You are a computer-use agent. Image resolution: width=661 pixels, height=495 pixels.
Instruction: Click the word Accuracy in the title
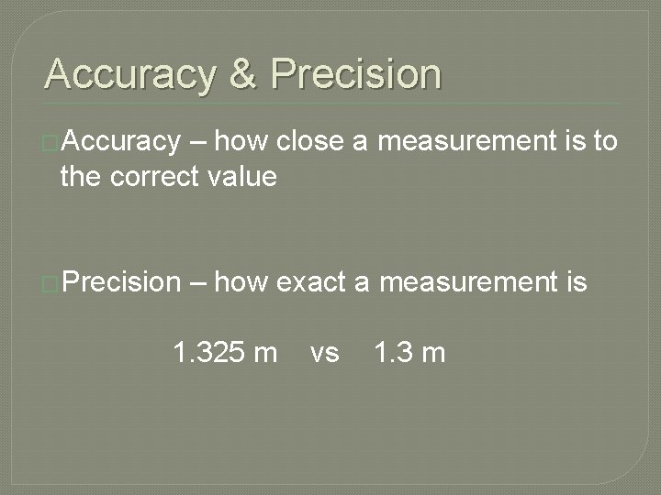click(x=129, y=74)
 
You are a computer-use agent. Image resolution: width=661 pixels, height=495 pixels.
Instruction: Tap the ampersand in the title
click(x=243, y=74)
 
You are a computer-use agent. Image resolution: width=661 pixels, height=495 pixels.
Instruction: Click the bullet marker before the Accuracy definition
click(x=51, y=143)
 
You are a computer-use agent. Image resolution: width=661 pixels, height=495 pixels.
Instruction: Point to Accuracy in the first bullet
click(x=122, y=142)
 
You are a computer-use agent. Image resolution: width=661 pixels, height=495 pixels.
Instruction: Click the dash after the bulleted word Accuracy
click(x=200, y=143)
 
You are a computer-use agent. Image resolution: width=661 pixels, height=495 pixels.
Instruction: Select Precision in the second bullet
click(x=123, y=283)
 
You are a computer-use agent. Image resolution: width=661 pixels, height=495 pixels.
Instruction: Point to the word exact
click(x=311, y=283)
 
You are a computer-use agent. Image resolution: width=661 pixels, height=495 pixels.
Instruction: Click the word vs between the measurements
click(x=324, y=353)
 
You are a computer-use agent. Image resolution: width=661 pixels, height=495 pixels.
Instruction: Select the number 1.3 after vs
click(x=392, y=352)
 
